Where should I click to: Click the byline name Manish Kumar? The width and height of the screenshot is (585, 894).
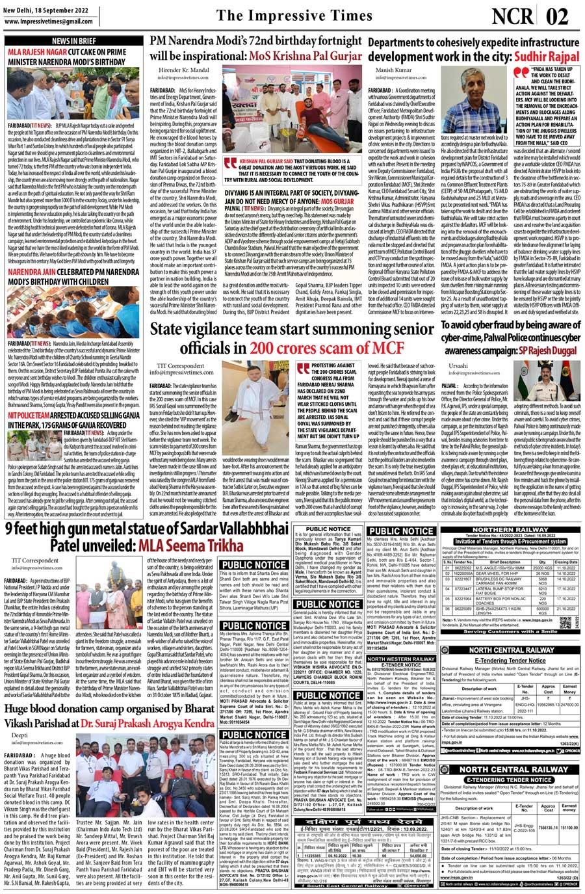click(394, 70)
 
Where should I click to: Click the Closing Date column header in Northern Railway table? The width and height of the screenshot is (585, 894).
click(566, 562)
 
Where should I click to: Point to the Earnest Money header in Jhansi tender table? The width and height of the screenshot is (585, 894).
click(569, 689)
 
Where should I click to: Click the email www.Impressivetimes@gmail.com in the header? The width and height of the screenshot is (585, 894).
click(48, 21)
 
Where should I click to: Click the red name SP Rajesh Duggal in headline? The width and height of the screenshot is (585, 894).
click(547, 350)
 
